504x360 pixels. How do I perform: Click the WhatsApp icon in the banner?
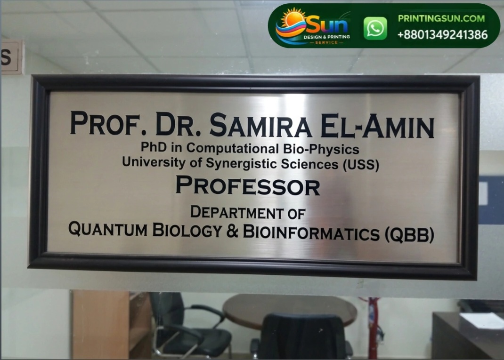point(375,28)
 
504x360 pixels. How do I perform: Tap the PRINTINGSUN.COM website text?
point(441,18)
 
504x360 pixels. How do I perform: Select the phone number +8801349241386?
point(442,35)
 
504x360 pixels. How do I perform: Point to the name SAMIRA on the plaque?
point(260,125)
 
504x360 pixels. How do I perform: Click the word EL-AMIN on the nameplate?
point(377,126)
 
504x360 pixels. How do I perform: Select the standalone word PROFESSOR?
point(248,185)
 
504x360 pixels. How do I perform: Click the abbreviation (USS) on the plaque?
point(361,165)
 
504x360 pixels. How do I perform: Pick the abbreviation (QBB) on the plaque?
point(409,234)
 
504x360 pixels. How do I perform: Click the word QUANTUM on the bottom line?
point(108,229)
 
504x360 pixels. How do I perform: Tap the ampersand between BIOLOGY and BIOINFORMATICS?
point(232,231)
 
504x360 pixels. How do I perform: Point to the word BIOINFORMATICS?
point(311,232)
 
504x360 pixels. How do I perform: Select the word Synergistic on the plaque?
point(241,163)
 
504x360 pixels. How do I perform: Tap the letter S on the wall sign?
point(7,57)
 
